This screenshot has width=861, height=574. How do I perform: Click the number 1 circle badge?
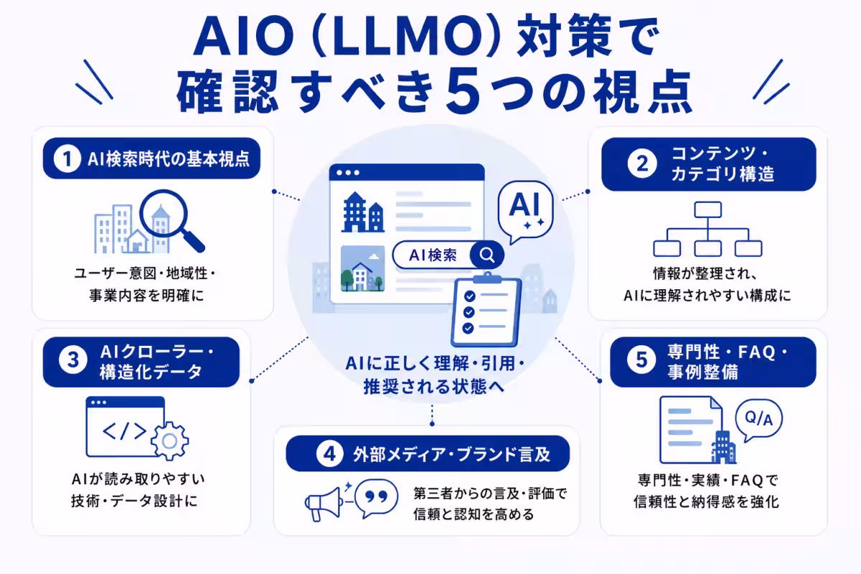click(67, 159)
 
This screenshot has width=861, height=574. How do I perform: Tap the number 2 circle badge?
click(642, 164)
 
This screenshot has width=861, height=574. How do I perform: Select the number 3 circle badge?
click(72, 361)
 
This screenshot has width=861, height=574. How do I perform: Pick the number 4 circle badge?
click(329, 454)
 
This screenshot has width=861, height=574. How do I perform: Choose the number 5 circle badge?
click(641, 360)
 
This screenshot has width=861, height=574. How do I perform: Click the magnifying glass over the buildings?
click(169, 219)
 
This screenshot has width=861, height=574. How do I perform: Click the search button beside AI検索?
click(486, 255)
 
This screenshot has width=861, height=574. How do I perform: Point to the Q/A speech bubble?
click(758, 420)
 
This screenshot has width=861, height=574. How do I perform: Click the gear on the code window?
click(169, 441)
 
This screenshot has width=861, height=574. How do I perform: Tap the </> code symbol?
click(124, 430)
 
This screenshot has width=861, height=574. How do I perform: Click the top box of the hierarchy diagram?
click(707, 210)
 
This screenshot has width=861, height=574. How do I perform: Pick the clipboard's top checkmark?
click(470, 296)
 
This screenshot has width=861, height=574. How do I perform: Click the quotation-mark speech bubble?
click(376, 498)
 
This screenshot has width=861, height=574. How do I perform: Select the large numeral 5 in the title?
click(464, 91)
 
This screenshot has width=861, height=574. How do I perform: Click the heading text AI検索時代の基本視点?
click(169, 159)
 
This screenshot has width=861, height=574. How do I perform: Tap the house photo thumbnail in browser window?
click(362, 268)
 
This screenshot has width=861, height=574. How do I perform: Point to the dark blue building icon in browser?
click(362, 212)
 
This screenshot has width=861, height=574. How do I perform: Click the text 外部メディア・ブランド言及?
click(451, 454)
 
